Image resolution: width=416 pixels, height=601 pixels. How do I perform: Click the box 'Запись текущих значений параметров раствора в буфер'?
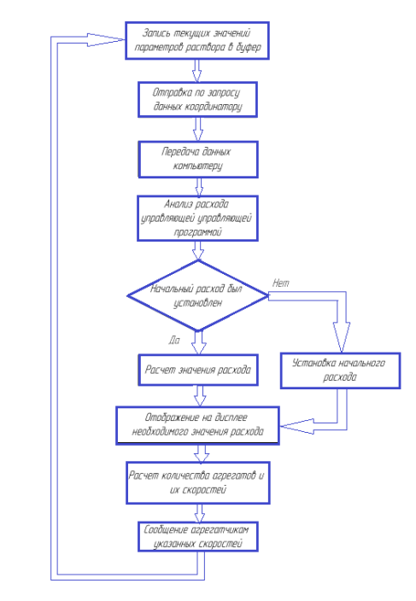197,41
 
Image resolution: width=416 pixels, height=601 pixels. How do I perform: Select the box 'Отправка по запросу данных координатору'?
197,99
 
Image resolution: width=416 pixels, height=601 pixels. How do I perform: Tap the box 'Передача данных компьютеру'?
198,160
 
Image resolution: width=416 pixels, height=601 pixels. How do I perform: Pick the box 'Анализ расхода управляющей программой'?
197,218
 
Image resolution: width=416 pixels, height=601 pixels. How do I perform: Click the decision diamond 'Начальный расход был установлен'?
198,295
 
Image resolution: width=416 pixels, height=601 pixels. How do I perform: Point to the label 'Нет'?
281,283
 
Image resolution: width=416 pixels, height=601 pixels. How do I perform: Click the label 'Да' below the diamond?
174,340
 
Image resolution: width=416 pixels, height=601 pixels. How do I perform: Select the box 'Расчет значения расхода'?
198,370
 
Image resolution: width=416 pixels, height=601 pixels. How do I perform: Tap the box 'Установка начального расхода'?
340,371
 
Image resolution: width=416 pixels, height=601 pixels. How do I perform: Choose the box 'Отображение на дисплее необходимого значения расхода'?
197,425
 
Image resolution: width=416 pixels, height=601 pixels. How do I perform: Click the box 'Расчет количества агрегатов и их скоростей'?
198,482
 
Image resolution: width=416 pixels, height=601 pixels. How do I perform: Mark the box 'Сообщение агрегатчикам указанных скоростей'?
198,537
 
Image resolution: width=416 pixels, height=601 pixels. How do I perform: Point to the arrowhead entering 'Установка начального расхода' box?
341,337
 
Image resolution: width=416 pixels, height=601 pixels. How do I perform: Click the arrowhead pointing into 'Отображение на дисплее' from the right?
297,426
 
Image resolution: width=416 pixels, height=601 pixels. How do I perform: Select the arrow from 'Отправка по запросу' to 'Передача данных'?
198,129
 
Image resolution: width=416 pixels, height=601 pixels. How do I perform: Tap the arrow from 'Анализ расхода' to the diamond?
198,251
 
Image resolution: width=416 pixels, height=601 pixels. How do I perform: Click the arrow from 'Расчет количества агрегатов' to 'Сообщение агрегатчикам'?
199,513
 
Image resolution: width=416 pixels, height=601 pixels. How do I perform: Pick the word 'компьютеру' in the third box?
198,166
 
